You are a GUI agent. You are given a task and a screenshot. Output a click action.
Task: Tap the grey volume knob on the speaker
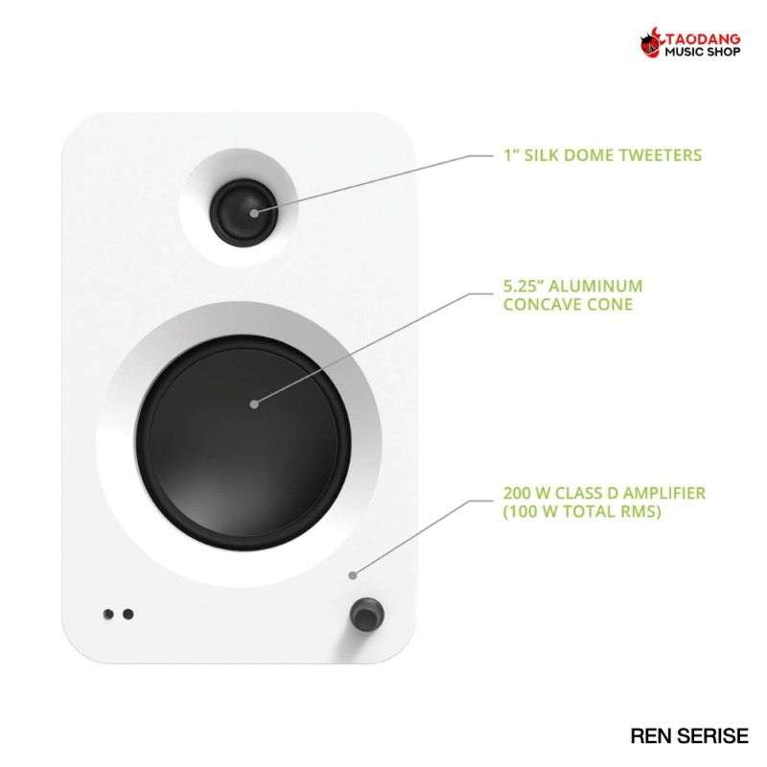point(367,615)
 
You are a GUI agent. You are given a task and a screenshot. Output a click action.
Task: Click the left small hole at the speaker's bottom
point(108,614)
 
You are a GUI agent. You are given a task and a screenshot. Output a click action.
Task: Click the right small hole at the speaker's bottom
point(128,614)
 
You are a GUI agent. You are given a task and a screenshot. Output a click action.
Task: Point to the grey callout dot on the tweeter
point(254,213)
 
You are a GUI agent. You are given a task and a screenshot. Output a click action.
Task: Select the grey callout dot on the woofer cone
point(254,404)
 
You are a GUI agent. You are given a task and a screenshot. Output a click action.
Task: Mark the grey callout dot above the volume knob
point(353,575)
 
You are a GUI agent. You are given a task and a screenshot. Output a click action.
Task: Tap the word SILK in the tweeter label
point(542,155)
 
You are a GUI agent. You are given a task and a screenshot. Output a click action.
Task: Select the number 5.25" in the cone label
point(523,286)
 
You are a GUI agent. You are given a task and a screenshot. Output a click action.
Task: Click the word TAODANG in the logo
point(703,39)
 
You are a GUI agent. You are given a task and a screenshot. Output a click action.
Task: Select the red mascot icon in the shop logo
point(652,43)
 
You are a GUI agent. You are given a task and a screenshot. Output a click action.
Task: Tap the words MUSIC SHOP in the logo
point(703,52)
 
